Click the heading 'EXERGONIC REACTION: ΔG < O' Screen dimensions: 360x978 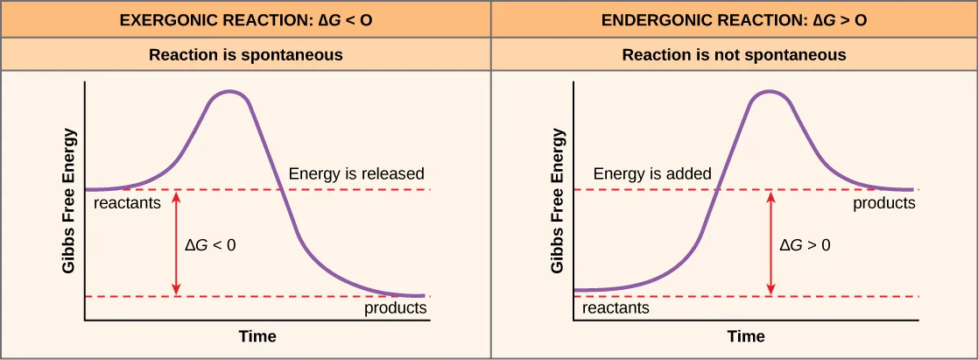[x=245, y=18]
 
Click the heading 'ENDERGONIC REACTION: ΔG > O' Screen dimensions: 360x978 [x=734, y=18]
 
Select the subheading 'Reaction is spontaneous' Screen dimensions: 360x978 [x=245, y=55]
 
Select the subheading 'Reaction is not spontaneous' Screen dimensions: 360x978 [x=734, y=55]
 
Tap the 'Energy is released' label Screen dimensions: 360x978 [x=355, y=173]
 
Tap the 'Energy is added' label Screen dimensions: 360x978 [x=652, y=173]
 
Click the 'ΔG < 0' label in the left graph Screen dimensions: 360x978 [x=210, y=245]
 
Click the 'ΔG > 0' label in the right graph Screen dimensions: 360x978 [x=805, y=245]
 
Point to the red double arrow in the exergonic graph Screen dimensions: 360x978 [x=177, y=243]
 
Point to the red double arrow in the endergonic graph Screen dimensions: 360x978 [x=770, y=243]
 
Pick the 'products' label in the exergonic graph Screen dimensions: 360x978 [x=395, y=308]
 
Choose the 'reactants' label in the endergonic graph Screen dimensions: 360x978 [x=616, y=308]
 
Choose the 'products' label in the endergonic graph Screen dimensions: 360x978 [x=884, y=203]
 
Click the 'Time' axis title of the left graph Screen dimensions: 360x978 [x=257, y=336]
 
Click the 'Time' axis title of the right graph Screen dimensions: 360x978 [x=746, y=336]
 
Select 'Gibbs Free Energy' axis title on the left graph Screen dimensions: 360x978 [x=69, y=201]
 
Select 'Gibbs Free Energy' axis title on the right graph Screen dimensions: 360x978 [x=558, y=201]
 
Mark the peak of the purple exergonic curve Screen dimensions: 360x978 [x=229, y=91]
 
